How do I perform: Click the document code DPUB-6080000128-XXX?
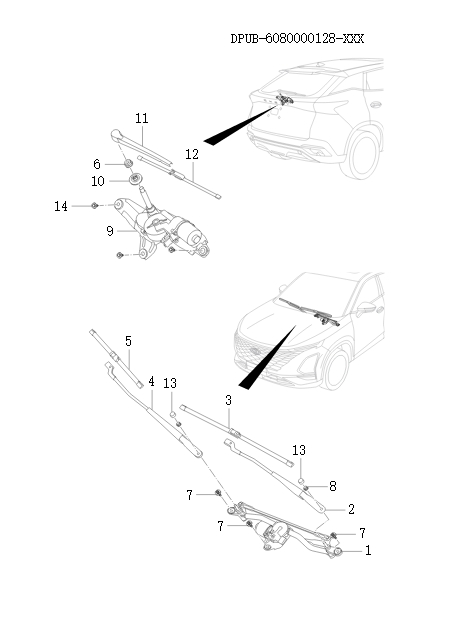(x=297, y=39)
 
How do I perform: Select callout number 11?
(x=142, y=118)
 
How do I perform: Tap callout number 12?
(x=192, y=155)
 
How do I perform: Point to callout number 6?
(x=97, y=164)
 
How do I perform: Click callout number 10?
(x=97, y=181)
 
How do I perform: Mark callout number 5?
(x=128, y=342)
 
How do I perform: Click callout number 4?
(x=151, y=381)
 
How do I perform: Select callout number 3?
(x=228, y=400)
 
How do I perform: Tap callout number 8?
(x=332, y=486)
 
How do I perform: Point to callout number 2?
(x=351, y=509)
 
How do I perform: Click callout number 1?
(x=368, y=550)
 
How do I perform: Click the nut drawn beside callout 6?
(x=129, y=164)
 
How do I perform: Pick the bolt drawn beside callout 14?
(x=93, y=206)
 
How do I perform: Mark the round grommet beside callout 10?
(x=133, y=181)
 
